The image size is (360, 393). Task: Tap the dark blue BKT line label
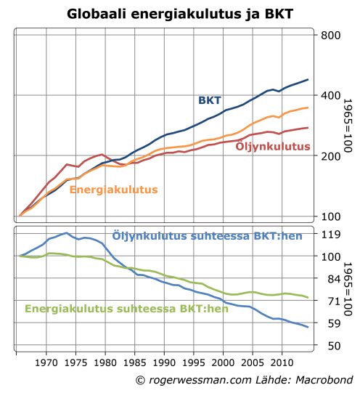click(210, 100)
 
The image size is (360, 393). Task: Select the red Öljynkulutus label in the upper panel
click(273, 147)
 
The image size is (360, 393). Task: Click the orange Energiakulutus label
click(113, 190)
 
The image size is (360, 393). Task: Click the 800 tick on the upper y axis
click(330, 36)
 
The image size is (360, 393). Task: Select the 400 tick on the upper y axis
click(330, 96)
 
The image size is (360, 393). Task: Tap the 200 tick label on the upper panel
click(330, 156)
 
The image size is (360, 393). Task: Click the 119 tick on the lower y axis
click(330, 235)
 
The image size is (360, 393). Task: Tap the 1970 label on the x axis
click(46, 361)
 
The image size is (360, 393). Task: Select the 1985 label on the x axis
click(134, 361)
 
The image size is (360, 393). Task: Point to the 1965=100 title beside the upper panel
click(348, 127)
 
